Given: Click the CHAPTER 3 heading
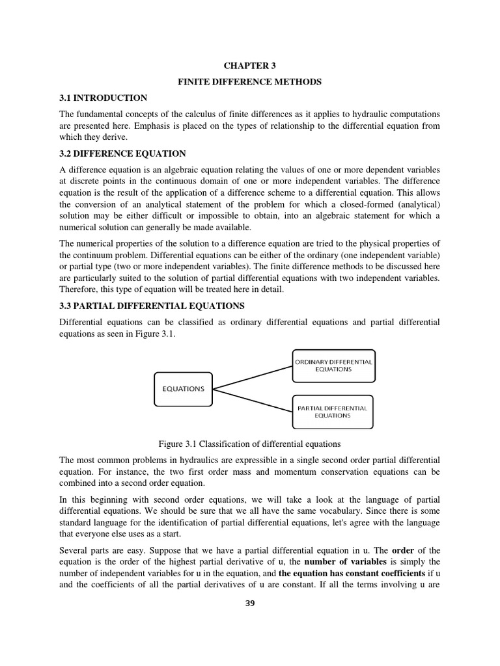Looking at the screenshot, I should [245, 66].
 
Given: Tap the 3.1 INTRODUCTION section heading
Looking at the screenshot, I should [103, 98].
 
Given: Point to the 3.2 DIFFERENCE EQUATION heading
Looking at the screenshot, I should [122, 153].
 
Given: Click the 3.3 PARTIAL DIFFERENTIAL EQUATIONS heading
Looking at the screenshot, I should [152, 306].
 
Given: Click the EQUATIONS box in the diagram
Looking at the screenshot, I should [183, 389].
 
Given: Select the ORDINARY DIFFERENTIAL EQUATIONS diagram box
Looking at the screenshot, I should [333, 366].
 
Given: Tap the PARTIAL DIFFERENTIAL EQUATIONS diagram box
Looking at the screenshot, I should [333, 412].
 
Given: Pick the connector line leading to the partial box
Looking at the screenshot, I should [253, 400].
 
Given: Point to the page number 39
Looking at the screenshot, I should [250, 603].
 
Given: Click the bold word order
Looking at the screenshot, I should [403, 550].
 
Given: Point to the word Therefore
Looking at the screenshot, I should [79, 289].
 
